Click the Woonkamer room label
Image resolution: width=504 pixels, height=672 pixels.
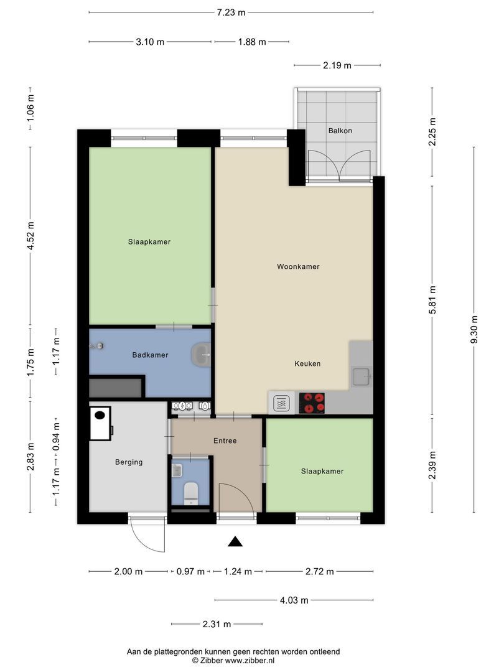point(298,266)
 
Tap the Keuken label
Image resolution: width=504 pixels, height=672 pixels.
point(307,363)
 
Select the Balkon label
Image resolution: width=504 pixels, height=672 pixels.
point(340,131)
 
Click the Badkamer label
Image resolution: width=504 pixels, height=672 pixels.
point(150,355)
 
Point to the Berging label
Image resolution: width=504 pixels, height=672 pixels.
point(129,462)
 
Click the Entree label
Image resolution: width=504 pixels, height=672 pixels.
point(225,441)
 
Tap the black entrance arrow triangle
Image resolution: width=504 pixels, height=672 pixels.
point(235,542)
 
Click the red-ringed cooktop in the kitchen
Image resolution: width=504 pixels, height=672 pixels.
point(312,403)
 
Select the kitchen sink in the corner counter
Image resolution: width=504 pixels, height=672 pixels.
point(360,376)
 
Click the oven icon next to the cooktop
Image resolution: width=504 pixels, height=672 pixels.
point(281,403)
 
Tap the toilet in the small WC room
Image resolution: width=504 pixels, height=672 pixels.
point(191,492)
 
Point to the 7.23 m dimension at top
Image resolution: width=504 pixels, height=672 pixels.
point(231,12)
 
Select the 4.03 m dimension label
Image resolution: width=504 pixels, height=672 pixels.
point(294,600)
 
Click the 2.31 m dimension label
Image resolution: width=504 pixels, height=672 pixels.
point(217,624)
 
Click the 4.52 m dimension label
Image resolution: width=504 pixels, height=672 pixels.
point(30,236)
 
